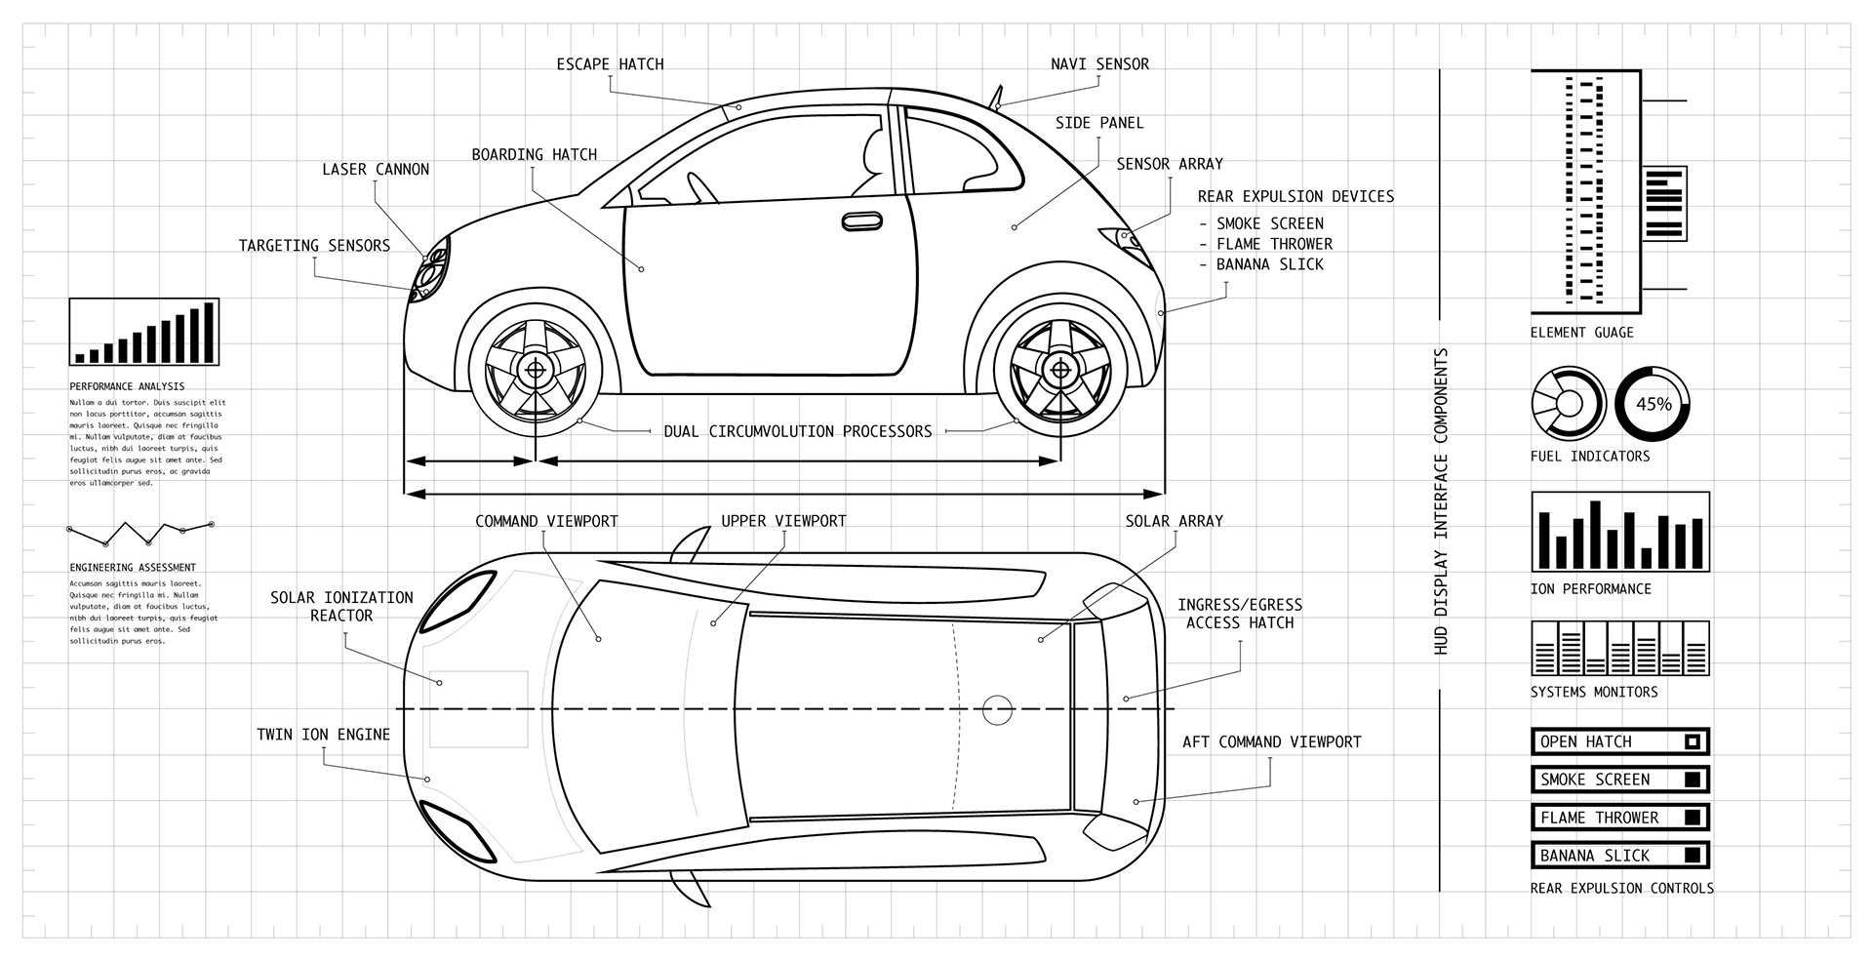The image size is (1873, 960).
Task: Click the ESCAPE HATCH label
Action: click(610, 64)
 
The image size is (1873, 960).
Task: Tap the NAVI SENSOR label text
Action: click(1099, 64)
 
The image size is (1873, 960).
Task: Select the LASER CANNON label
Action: click(376, 170)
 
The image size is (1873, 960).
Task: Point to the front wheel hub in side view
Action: click(535, 369)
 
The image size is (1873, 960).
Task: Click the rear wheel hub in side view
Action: click(1059, 369)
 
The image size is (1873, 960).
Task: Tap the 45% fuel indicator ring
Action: click(1653, 404)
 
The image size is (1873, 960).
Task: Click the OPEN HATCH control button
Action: click(1619, 741)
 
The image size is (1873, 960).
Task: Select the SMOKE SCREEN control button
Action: click(1619, 780)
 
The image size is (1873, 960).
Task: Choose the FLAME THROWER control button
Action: click(1619, 818)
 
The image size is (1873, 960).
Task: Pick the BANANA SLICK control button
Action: click(1619, 856)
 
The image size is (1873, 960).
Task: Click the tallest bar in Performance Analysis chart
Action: click(208, 333)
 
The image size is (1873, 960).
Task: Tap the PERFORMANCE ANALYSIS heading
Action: click(127, 386)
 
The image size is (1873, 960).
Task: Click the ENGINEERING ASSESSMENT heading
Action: click(133, 567)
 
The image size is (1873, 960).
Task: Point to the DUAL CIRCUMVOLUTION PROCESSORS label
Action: click(798, 431)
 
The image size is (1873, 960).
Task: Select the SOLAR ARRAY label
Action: click(1174, 521)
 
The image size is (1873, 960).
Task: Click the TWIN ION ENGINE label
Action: click(323, 735)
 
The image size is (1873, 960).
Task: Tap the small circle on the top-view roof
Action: click(996, 709)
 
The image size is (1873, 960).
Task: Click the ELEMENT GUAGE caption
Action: click(1581, 333)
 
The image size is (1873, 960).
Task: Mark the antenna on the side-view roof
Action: click(997, 97)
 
